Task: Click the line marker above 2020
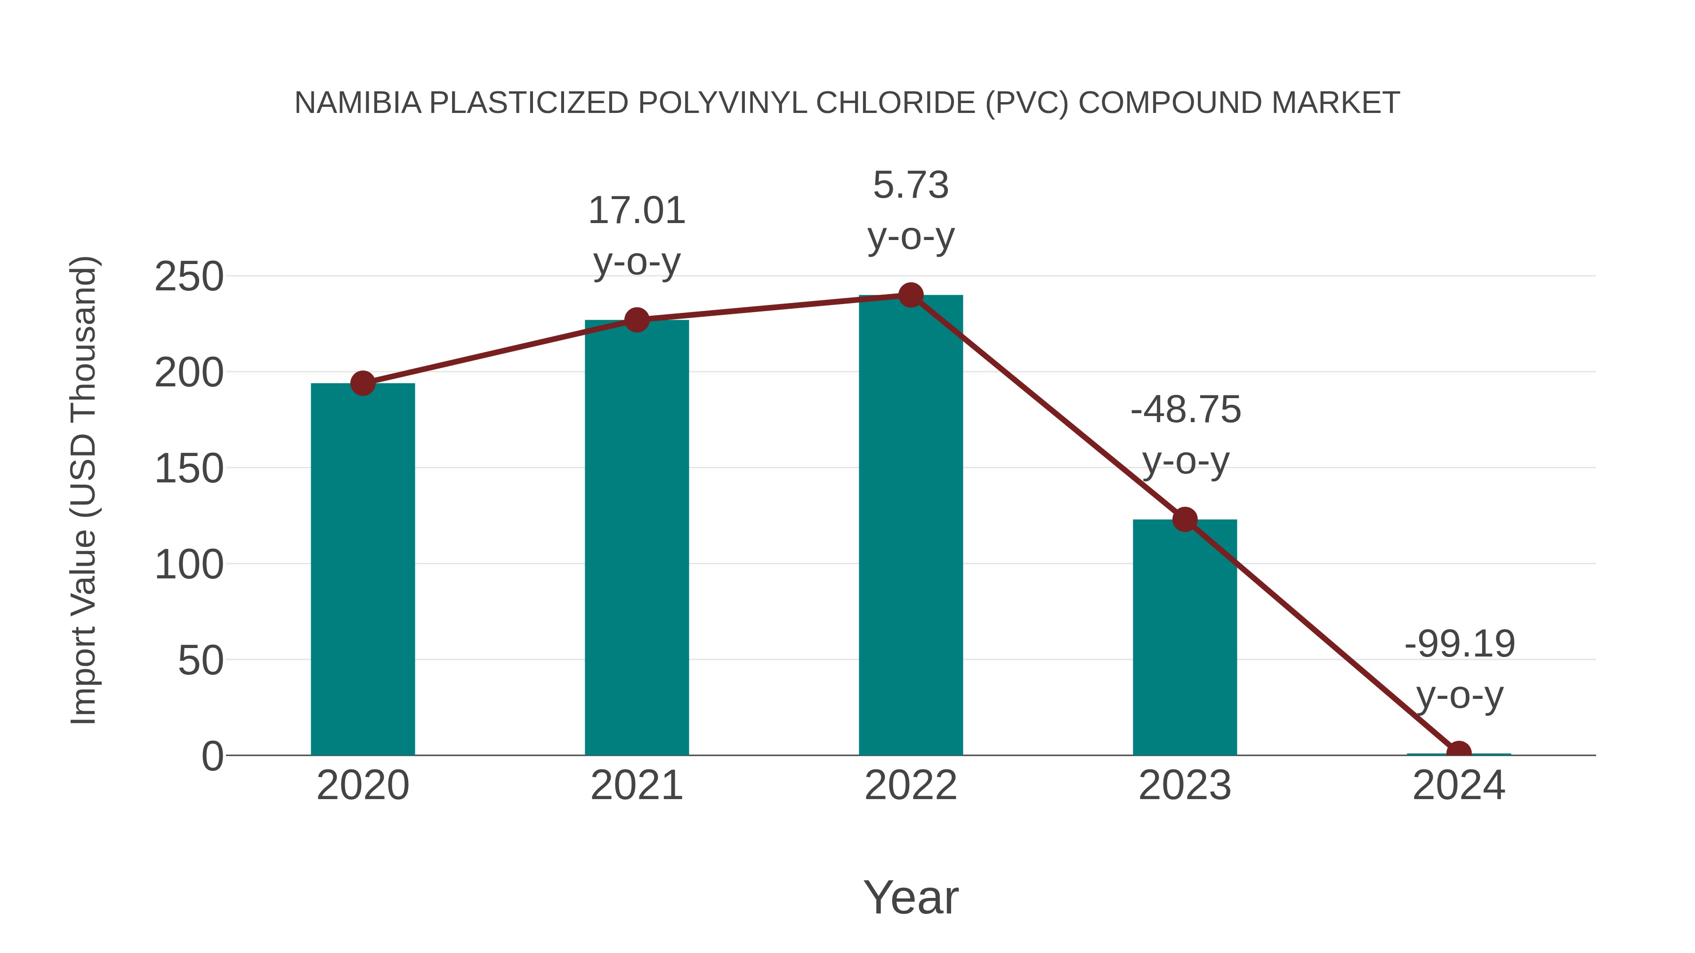(363, 383)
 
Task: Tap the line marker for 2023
(1185, 520)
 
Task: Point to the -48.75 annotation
(1185, 410)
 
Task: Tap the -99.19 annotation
(1460, 644)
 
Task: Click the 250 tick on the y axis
(189, 277)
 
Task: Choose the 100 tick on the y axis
(189, 565)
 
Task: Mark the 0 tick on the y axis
(212, 756)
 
